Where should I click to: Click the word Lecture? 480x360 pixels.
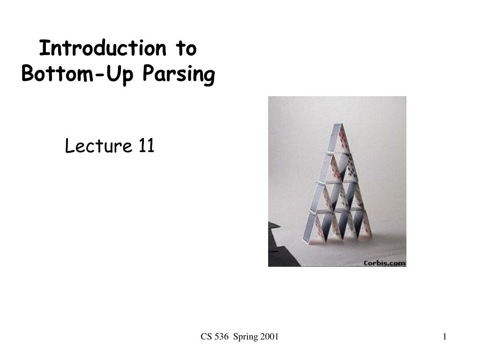click(97, 147)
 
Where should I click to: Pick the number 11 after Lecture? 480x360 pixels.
click(146, 147)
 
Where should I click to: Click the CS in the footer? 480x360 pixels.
click(206, 337)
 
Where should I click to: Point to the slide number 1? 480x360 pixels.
click(444, 337)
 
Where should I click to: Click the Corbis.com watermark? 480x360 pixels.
click(384, 263)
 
